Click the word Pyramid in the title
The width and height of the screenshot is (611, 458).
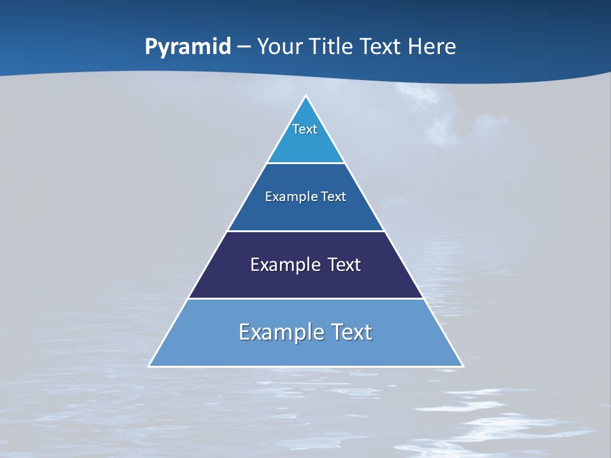pyautogui.click(x=188, y=47)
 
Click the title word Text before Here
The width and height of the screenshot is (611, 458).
pyautogui.click(x=380, y=47)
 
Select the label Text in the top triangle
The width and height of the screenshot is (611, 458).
pyautogui.click(x=305, y=129)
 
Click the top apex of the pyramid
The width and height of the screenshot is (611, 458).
pyautogui.click(x=306, y=97)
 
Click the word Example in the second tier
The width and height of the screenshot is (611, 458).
pyautogui.click(x=288, y=197)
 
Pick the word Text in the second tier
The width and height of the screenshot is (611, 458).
pyautogui.click(x=334, y=197)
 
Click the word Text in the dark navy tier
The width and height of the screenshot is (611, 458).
pyautogui.click(x=344, y=265)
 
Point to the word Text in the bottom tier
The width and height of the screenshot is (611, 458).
pyautogui.click(x=351, y=332)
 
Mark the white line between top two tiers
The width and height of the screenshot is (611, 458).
pyautogui.click(x=306, y=163)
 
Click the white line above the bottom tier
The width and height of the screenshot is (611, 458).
pyautogui.click(x=306, y=298)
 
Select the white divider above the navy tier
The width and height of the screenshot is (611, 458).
pyautogui.click(x=306, y=231)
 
